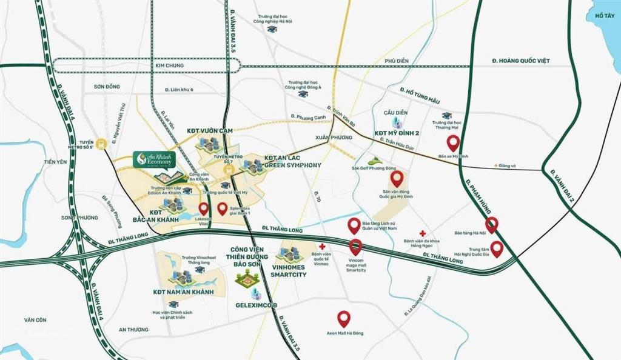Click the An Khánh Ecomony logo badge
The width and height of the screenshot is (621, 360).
pyautogui.click(x=155, y=159)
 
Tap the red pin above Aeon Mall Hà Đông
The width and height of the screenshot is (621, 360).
pyautogui.click(x=344, y=318)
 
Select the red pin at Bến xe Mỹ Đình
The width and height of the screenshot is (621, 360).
pyautogui.click(x=453, y=143)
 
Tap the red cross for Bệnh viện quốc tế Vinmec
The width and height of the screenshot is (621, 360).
pyautogui.click(x=322, y=246)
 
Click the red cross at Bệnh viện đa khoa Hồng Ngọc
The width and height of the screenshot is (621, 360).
pyautogui.click(x=423, y=233)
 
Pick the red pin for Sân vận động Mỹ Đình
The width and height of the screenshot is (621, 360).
pyautogui.click(x=397, y=178)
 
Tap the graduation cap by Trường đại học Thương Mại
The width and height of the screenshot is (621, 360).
pyautogui.click(x=447, y=115)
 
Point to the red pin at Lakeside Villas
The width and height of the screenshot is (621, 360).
pyautogui.click(x=203, y=210)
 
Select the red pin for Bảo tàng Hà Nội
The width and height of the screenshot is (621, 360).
pyautogui.click(x=492, y=224)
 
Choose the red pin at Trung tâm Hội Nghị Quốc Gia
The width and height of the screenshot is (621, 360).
pyautogui.click(x=497, y=248)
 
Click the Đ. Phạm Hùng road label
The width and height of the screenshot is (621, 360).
pyautogui.click(x=478, y=187)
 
